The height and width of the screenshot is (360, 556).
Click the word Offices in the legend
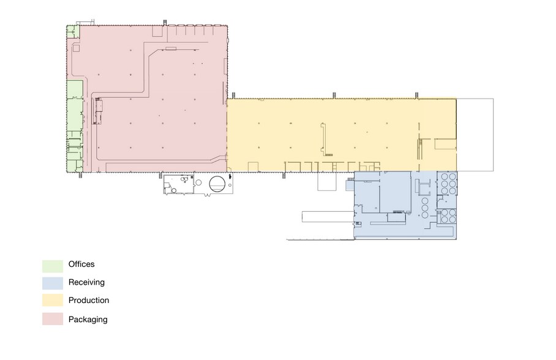click(x=81, y=264)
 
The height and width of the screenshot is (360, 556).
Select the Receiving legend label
click(x=86, y=282)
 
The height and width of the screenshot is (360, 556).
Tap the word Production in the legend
click(x=89, y=301)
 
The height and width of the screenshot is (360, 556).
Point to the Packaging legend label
click(x=88, y=319)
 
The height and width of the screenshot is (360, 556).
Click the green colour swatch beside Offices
click(x=53, y=266)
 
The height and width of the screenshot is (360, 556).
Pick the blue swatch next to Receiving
click(x=53, y=283)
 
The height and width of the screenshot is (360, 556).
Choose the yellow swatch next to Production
click(x=53, y=300)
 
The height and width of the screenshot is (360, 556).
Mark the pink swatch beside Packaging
click(x=53, y=319)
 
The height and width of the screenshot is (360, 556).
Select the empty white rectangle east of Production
click(x=475, y=135)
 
